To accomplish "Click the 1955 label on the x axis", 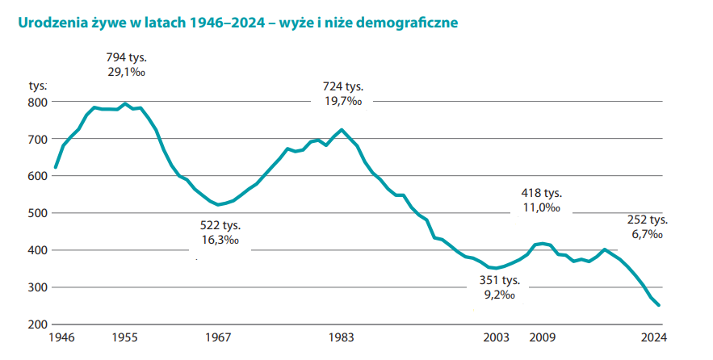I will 124,338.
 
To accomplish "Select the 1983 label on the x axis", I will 342,338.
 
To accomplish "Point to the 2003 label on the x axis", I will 497,338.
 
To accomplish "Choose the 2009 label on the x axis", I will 543,338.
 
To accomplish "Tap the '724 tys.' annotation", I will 344,86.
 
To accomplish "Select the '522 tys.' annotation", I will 220,225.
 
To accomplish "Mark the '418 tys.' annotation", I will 541,193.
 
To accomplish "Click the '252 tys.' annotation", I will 647,220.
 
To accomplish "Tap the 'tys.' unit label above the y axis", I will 39,85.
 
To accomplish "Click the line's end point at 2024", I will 658,305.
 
